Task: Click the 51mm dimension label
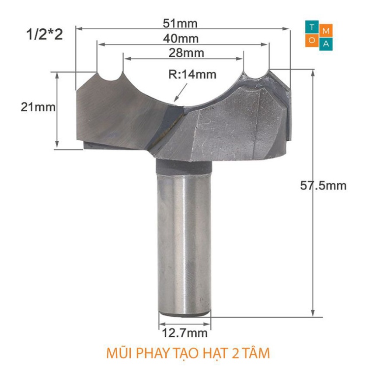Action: [180, 23]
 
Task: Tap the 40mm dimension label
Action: [181, 38]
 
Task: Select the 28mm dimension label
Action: [186, 53]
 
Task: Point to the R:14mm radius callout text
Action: [192, 74]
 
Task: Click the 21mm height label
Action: [38, 107]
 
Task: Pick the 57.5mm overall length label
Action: [323, 186]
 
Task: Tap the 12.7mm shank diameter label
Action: [185, 333]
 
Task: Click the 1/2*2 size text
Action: [44, 35]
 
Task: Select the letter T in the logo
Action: [312, 27]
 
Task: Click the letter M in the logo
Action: [326, 31]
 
